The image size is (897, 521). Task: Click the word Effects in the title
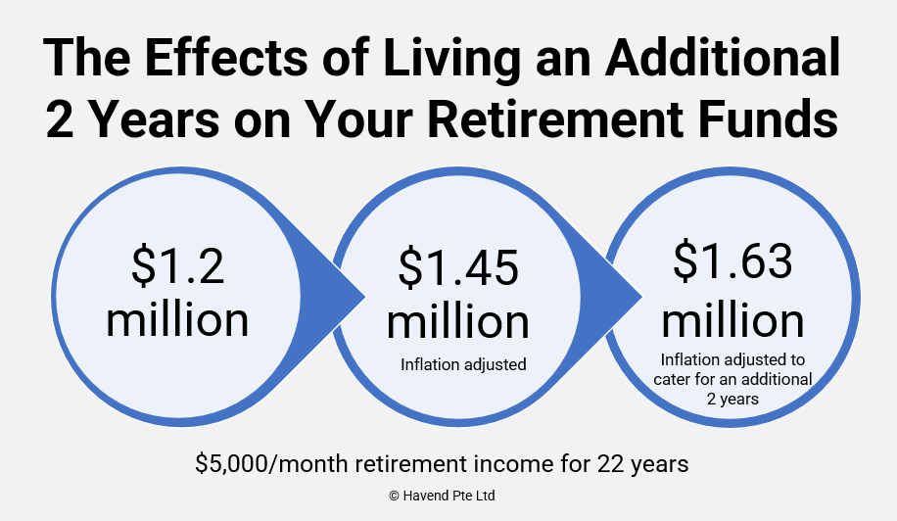tap(225, 57)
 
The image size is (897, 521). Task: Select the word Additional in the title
tap(723, 57)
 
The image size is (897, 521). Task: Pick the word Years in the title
tap(155, 119)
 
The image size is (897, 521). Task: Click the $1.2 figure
tap(178, 265)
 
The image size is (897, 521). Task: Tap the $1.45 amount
tap(458, 267)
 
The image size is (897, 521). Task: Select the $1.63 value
tap(732, 260)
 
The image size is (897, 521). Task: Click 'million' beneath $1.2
tap(177, 319)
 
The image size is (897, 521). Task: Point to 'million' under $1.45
tap(458, 321)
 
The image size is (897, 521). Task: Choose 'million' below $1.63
tap(732, 320)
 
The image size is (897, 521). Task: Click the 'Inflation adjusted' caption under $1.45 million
tap(463, 364)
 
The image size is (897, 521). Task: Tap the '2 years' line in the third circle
tap(732, 399)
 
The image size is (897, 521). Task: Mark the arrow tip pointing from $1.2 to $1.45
tap(364, 296)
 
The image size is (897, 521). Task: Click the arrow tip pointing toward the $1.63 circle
tap(641, 297)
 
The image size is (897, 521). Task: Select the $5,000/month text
tap(271, 463)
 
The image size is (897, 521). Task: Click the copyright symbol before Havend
tap(395, 496)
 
